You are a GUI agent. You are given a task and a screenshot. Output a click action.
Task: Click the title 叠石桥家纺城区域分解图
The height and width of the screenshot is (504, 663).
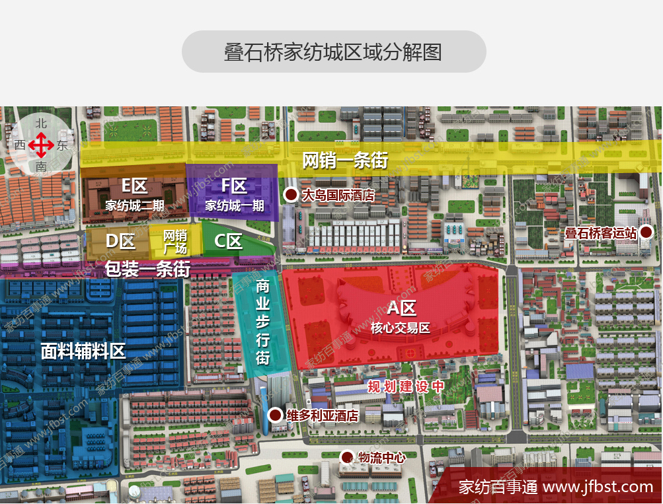point(333,52)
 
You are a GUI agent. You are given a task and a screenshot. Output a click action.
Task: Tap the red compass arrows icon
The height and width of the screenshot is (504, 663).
point(41,145)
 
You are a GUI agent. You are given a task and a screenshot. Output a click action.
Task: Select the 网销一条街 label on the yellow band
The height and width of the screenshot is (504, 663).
point(344,160)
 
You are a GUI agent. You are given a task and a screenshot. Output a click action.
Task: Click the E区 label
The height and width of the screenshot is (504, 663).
point(134,186)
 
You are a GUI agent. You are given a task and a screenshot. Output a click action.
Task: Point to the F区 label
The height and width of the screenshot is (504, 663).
point(234,186)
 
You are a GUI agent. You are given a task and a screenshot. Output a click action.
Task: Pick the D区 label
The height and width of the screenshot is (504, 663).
point(120,241)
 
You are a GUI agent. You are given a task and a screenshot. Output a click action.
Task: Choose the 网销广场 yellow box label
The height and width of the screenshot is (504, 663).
point(175,242)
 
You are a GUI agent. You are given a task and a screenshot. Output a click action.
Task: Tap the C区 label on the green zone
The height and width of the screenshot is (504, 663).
point(228,241)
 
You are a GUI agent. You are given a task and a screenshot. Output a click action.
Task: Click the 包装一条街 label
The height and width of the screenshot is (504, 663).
point(147,269)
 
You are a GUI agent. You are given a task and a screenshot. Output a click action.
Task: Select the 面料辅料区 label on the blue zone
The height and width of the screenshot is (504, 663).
point(83,351)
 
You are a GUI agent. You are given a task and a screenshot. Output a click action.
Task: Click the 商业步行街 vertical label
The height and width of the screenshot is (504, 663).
point(262,322)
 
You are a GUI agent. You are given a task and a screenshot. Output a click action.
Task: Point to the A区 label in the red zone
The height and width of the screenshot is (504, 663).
point(401,307)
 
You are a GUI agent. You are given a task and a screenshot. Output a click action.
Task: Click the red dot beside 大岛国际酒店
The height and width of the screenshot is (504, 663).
point(290,194)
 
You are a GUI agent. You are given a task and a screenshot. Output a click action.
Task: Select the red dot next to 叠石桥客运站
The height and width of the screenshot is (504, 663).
point(646,232)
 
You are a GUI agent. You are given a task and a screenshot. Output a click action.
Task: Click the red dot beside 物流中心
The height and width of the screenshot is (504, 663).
point(346,456)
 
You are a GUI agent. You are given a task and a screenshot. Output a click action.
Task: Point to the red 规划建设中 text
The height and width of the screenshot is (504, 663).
point(405,386)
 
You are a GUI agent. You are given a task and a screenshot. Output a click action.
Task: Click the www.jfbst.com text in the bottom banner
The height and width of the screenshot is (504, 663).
point(598,487)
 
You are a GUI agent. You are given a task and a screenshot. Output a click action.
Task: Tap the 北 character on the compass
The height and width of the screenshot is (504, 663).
point(41,123)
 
